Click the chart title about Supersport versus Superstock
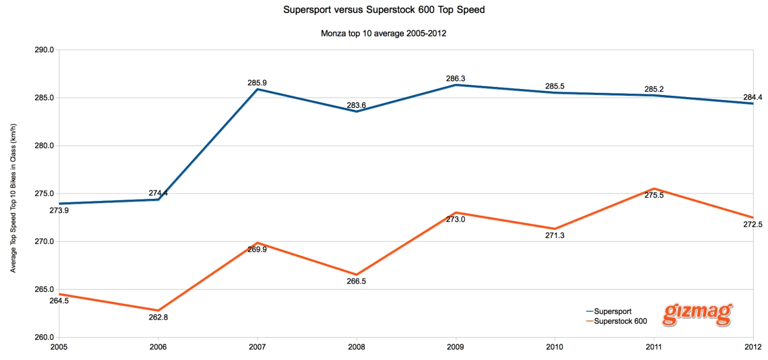[384, 10]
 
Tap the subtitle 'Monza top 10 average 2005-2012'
[383, 34]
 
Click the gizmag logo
[698, 315]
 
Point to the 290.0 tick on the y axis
[45, 50]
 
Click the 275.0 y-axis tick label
[45, 194]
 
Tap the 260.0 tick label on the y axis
[45, 338]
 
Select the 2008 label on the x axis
[356, 346]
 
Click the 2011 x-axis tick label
[654, 346]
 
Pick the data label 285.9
[258, 83]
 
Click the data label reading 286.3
[455, 78]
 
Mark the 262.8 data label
[158, 317]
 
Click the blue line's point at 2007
[258, 89]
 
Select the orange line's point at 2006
[158, 310]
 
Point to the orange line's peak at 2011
[654, 189]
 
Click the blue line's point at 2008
[356, 111]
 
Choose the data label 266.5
[356, 281]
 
